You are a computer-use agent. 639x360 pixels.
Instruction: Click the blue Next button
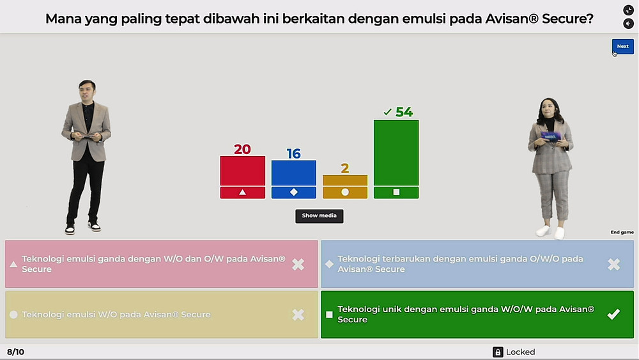[x=622, y=47]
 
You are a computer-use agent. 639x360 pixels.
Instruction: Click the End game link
[x=622, y=232]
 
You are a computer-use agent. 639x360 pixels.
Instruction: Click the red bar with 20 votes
[x=242, y=171]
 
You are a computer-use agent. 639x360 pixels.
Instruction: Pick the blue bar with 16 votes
[x=294, y=173]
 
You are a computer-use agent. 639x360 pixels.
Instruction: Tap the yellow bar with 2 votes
[x=345, y=180]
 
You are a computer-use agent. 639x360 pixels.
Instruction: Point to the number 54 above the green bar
[x=404, y=112]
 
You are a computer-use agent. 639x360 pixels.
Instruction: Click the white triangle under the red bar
[x=242, y=192]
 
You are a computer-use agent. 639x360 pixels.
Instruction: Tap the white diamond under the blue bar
[x=294, y=192]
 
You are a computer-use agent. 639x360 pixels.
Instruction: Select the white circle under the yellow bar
[x=345, y=192]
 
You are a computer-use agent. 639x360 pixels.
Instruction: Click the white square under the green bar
[x=396, y=192]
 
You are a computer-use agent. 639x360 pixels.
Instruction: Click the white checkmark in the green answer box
[x=613, y=315]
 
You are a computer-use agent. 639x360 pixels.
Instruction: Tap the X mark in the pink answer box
[x=298, y=264]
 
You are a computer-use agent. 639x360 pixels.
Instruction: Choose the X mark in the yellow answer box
[x=298, y=315]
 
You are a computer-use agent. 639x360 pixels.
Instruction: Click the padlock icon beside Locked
[x=498, y=352]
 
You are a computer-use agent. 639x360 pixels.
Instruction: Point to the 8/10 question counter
[x=15, y=352]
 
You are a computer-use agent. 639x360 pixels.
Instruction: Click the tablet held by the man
[x=86, y=137]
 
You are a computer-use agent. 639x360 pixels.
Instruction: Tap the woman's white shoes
[x=551, y=232]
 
